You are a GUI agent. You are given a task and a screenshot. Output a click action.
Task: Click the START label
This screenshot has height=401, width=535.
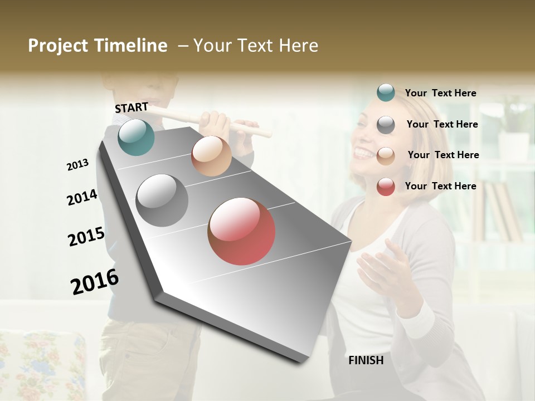pos(132,107)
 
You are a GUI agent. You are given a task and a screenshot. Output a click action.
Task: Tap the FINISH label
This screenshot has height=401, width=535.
pos(366,360)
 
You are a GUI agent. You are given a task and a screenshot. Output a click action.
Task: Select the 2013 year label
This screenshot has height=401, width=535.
pos(77,165)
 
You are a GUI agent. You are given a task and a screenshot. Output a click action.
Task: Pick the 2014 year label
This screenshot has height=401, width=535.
pos(82,197)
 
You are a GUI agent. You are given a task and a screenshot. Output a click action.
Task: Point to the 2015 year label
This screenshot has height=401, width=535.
pos(86,237)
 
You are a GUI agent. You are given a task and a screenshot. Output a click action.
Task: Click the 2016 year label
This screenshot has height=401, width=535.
pos(95,281)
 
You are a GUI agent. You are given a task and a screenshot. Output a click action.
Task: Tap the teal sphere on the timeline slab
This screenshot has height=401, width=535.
pos(137,137)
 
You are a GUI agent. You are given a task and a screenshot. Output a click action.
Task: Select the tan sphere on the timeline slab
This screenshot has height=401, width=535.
pos(211,156)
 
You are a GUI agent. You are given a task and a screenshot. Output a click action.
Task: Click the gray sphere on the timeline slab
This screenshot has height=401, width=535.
pos(162,200)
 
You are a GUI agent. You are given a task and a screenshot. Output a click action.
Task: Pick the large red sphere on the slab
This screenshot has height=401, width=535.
pos(241,231)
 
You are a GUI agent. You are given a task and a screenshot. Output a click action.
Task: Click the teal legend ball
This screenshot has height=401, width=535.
pos(386,93)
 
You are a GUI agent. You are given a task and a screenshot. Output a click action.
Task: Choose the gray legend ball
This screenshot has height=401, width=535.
pos(386,125)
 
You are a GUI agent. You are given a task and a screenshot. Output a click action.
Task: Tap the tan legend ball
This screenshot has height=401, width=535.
pos(386,156)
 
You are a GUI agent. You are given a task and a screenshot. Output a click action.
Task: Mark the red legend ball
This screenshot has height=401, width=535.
pos(386,187)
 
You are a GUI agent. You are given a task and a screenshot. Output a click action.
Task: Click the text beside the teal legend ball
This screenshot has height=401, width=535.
pos(440,93)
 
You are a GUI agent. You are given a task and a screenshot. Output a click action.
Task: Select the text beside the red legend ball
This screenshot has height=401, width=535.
pos(440,186)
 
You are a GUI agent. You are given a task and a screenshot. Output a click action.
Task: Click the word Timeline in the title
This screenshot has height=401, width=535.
pos(131,46)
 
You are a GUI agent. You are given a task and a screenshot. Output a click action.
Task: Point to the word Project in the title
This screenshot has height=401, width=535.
pos(59,46)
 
